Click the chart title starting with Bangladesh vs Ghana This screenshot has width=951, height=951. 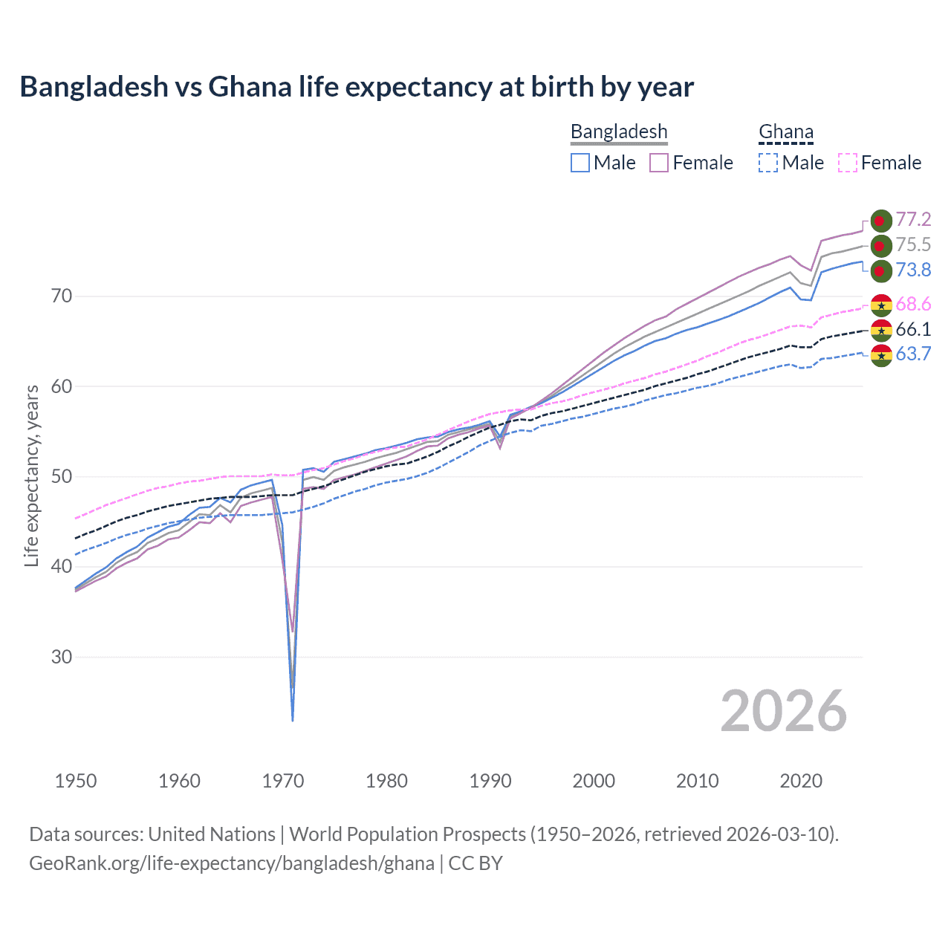point(357,87)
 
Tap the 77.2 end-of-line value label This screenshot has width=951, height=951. point(913,219)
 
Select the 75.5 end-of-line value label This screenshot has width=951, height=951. point(913,244)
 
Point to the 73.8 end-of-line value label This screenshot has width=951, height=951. point(913,270)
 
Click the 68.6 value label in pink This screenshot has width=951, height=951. point(913,304)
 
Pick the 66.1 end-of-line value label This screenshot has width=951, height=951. point(913,329)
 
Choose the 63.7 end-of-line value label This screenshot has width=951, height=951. point(913,354)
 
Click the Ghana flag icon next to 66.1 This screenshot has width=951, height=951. point(881,330)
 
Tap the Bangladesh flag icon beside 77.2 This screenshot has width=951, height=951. point(881,221)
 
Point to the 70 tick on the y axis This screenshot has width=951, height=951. point(62,296)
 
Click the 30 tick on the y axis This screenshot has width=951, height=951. point(62,657)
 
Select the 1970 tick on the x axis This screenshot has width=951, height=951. point(283,781)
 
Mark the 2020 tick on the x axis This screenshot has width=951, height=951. point(801,781)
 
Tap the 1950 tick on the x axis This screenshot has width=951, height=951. point(76,781)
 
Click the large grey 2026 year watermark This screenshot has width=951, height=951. point(783,711)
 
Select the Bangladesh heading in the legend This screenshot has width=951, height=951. point(619,132)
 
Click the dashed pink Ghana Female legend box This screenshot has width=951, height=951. point(848,163)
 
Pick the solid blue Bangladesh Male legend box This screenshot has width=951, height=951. point(580,163)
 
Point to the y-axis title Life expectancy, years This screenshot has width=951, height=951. point(31,475)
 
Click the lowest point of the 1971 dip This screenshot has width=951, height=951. point(293,720)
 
